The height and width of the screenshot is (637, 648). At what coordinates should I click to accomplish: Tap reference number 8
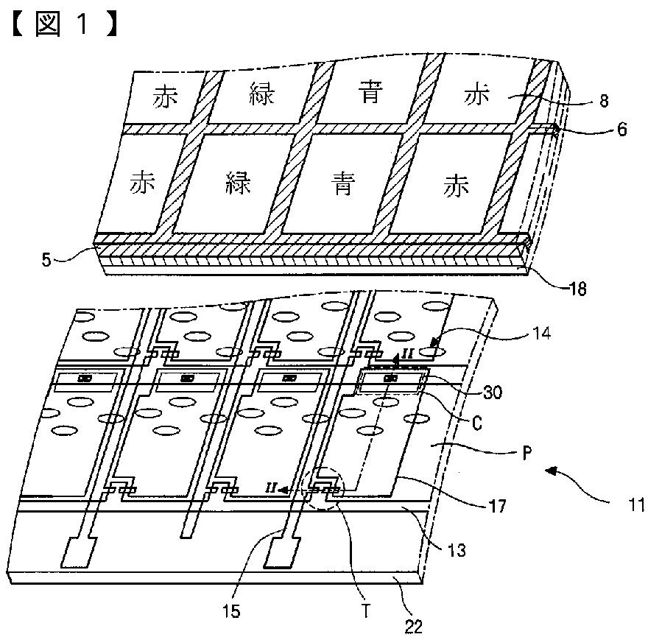point(604,102)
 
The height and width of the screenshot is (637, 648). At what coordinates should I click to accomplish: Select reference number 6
point(621,130)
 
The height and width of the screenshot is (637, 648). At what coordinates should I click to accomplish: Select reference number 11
point(636,505)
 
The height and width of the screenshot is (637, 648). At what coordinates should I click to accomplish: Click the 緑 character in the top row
point(262,96)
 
